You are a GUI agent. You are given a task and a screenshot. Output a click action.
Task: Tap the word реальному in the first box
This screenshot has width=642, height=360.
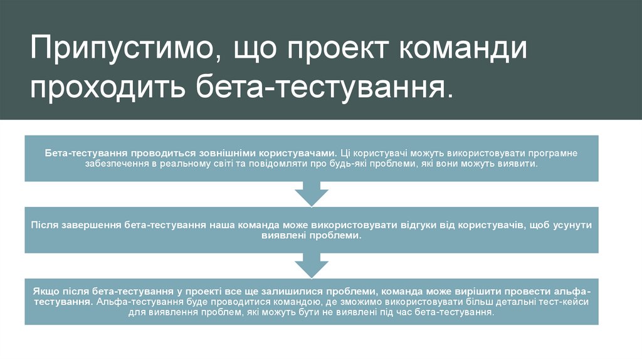pos(191,162)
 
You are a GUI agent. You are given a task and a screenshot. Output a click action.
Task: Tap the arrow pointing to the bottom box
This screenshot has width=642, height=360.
pos(312,265)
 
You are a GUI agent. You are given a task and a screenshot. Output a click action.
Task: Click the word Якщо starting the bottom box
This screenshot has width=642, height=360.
pos(45,292)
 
